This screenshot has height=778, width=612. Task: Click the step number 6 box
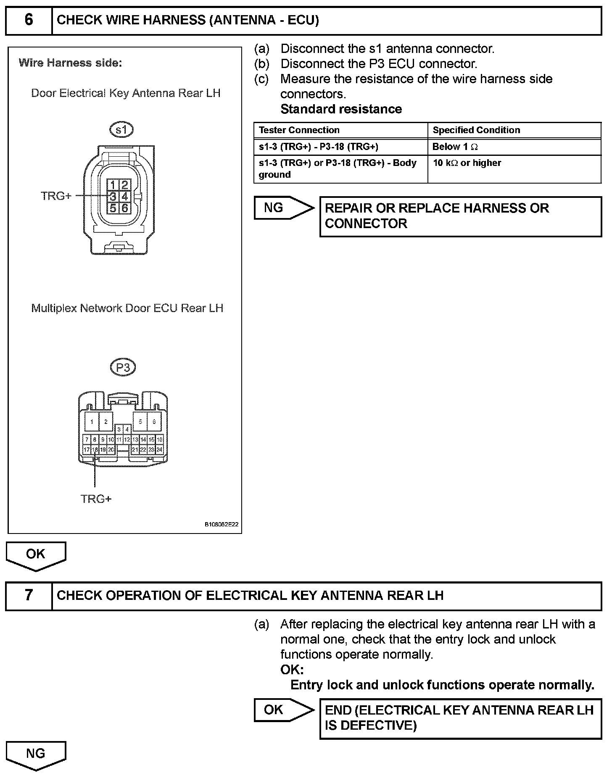tap(29, 20)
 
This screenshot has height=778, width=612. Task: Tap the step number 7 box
tap(29, 595)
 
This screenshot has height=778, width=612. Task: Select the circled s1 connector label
tap(121, 130)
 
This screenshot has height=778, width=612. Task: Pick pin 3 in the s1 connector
tap(113, 196)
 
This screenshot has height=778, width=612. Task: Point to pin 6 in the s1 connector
tap(125, 208)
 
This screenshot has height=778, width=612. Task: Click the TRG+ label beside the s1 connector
tap(56, 196)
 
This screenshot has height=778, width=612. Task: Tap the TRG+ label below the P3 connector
tap(96, 499)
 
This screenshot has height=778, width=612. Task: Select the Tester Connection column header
tap(299, 130)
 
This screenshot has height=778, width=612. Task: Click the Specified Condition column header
tap(476, 130)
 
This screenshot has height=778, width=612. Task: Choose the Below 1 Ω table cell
tap(455, 147)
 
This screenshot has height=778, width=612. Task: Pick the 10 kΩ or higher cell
tap(467, 163)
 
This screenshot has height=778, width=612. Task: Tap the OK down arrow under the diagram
tap(36, 555)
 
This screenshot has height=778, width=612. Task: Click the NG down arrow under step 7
tap(36, 754)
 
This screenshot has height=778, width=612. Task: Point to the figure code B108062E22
tap(222, 524)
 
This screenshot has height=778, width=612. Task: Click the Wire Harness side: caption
tap(70, 63)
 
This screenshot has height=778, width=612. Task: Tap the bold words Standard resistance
tap(341, 109)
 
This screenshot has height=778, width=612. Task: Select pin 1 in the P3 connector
tap(92, 422)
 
